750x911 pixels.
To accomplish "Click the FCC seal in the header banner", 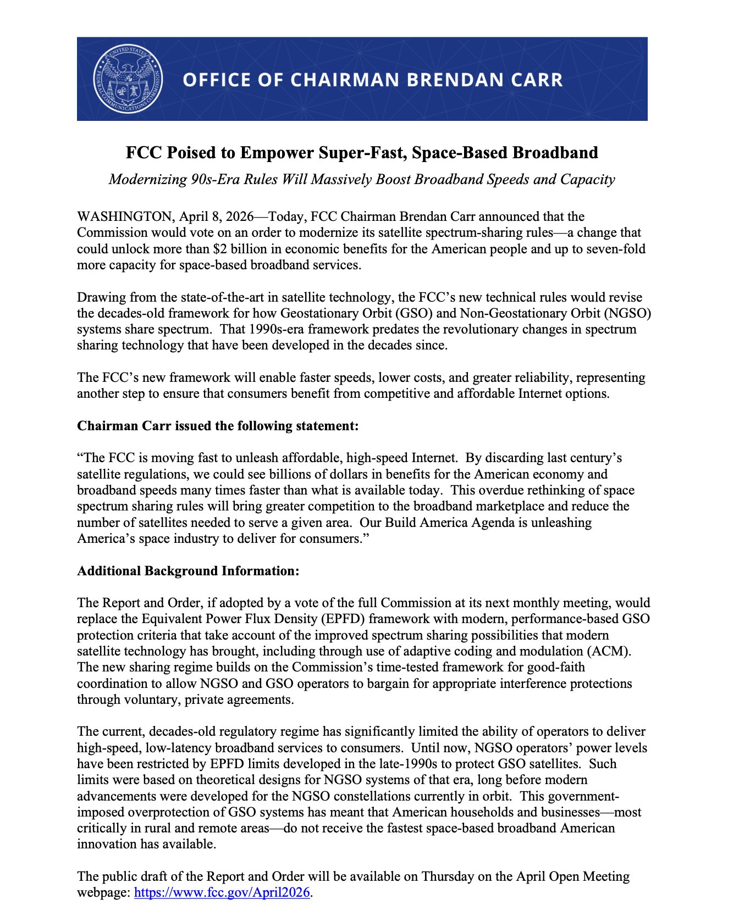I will [128, 79].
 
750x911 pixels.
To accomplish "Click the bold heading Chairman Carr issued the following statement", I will [218, 426].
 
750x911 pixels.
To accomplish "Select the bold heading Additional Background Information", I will [188, 571].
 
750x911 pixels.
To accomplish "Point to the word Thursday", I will [447, 876].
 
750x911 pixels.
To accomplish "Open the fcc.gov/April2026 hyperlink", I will [222, 892].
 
